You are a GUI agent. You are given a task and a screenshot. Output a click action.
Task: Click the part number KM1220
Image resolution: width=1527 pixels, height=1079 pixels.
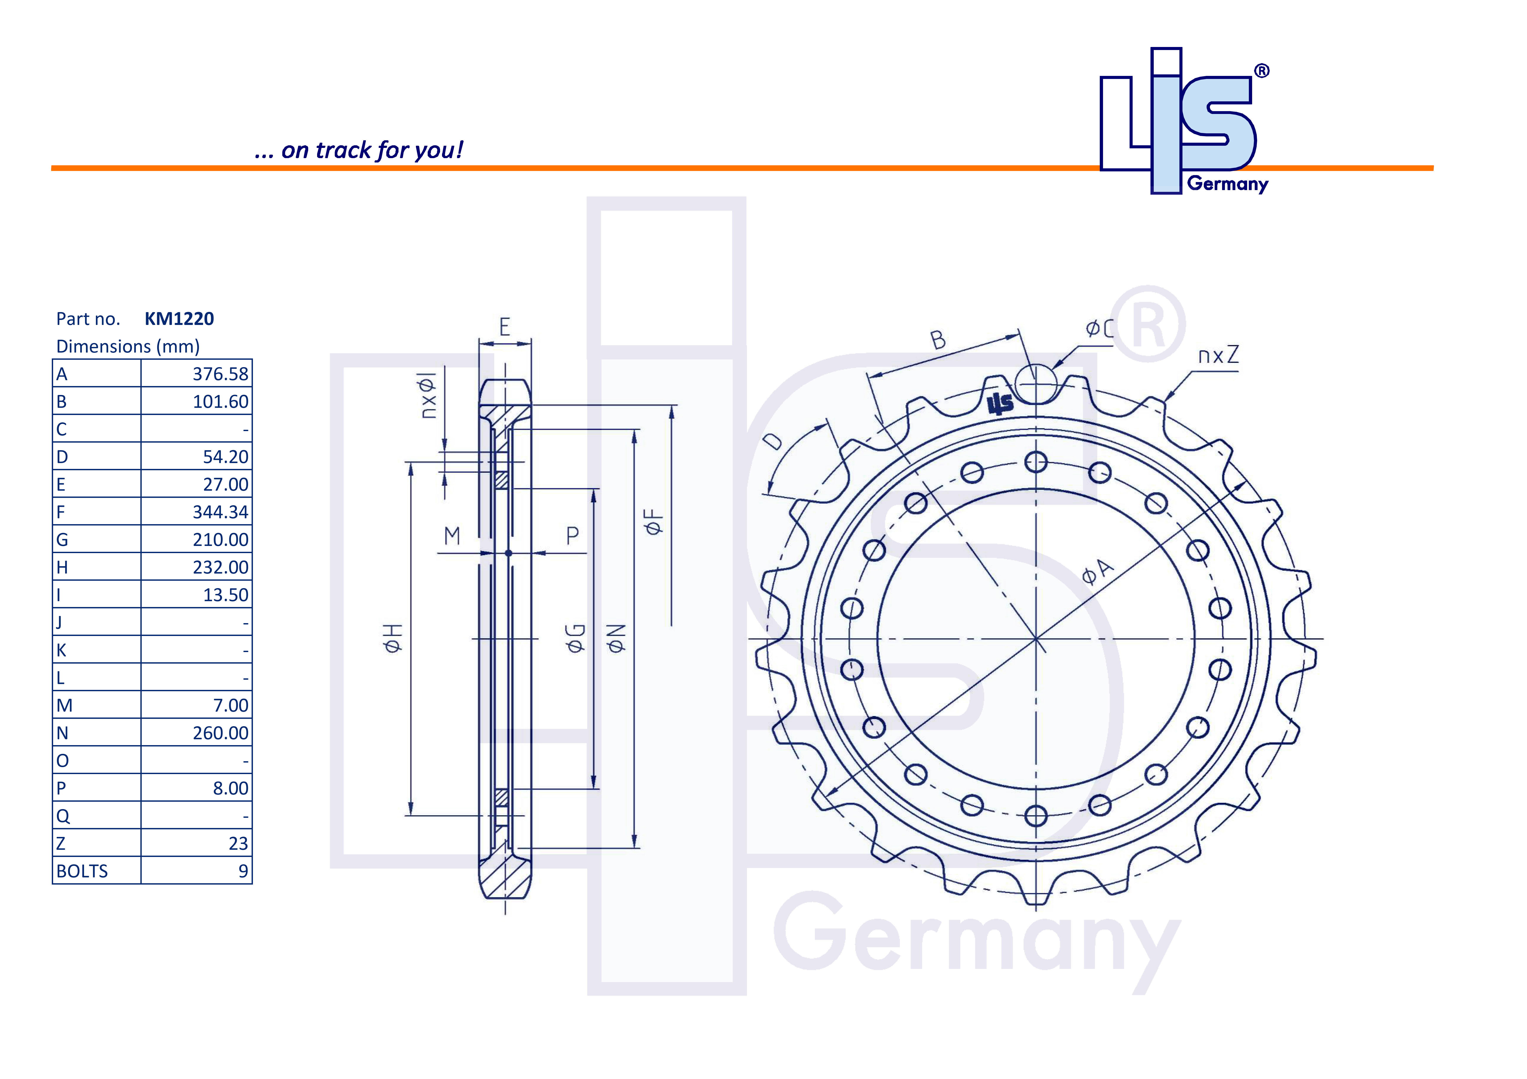(x=179, y=319)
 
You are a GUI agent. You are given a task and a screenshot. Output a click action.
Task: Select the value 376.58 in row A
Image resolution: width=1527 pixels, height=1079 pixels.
(x=220, y=374)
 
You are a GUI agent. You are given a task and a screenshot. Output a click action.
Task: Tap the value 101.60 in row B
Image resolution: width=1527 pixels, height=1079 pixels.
(x=220, y=401)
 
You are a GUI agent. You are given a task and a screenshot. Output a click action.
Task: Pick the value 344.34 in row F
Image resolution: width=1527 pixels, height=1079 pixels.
(x=220, y=512)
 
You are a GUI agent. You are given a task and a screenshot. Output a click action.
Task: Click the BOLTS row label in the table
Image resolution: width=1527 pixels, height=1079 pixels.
(x=82, y=871)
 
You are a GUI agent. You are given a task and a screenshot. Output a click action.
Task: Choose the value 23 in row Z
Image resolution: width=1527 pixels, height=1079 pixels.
(x=238, y=844)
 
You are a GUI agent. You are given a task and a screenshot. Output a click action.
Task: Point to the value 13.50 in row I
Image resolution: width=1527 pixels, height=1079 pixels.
(x=225, y=595)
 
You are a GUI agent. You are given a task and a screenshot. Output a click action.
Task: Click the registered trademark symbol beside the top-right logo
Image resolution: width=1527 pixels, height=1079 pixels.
(x=1261, y=71)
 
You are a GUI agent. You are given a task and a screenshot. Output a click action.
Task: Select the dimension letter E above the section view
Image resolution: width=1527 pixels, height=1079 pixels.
(x=505, y=327)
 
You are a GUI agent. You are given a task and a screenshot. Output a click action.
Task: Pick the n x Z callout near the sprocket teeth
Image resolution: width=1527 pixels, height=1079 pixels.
(x=1218, y=356)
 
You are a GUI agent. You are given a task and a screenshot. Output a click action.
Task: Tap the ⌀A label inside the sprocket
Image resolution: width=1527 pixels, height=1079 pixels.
(x=1097, y=572)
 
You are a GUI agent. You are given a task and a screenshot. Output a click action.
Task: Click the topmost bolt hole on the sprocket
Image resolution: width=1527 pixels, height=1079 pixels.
(x=1036, y=462)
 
